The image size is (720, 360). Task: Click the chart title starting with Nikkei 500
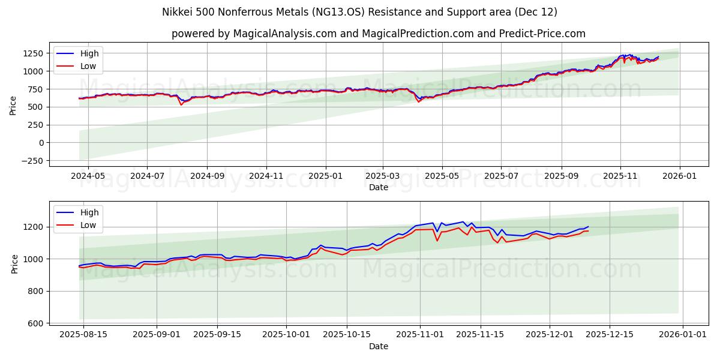coord(359,12)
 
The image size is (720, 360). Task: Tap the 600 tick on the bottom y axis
coord(36,323)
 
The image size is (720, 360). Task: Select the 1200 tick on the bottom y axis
coord(34,227)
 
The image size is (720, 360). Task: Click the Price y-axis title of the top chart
coord(13,104)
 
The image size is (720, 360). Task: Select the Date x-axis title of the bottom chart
coord(378,346)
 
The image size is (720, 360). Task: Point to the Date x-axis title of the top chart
coord(378,187)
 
